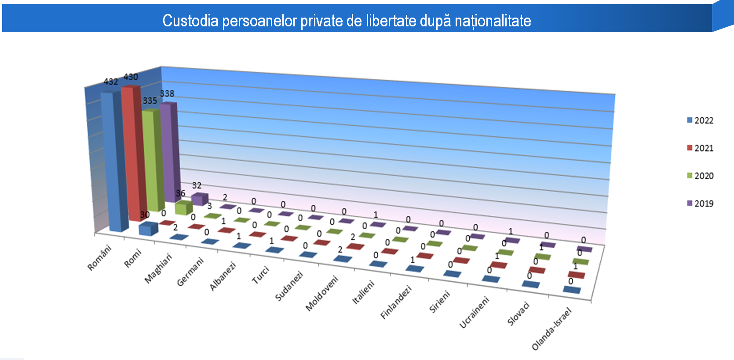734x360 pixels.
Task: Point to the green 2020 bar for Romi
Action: pos(183,207)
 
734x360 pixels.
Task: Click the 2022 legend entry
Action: pos(700,120)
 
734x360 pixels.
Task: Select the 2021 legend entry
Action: pos(700,148)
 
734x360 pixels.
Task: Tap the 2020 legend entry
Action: pos(700,176)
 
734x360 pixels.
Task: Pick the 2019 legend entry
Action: pos(700,204)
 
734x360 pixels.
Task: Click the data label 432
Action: pos(111,82)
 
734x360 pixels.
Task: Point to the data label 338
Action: pos(167,94)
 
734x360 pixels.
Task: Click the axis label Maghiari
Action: pos(158,269)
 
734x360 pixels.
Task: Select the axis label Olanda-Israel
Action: pos(551,329)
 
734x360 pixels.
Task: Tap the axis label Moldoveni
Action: pos(322,293)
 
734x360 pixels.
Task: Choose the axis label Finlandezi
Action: pos(396,302)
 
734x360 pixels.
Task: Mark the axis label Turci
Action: pos(260,275)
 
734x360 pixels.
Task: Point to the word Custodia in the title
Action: pos(190,21)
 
